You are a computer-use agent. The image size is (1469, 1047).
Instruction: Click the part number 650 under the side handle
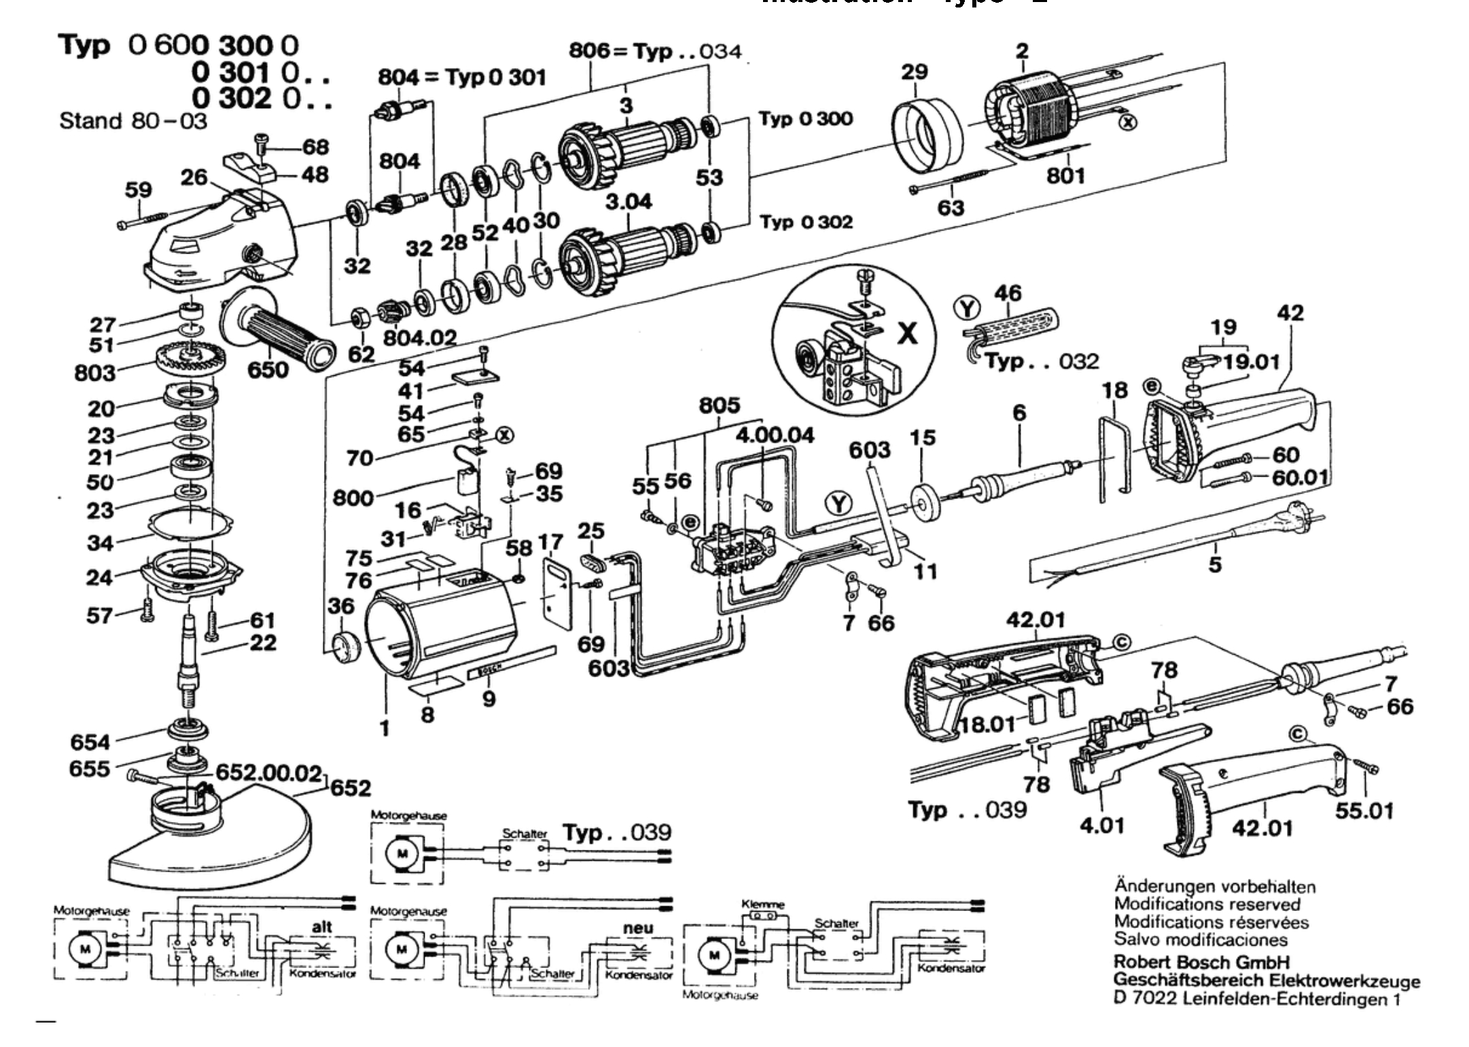(x=268, y=371)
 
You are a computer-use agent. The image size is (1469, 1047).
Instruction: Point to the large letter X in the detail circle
(x=908, y=333)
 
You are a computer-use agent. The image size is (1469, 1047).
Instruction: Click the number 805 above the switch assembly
(x=720, y=406)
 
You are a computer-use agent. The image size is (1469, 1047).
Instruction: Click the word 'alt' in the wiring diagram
(x=322, y=927)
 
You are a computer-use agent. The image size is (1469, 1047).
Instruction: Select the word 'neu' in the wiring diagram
(x=638, y=927)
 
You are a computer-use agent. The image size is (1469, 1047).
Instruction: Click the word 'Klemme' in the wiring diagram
(x=762, y=905)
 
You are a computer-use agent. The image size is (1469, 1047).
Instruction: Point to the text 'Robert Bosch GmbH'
(x=1201, y=963)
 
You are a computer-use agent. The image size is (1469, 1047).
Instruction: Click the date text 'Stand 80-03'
(x=133, y=121)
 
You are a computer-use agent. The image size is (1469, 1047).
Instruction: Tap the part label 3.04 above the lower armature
(x=629, y=201)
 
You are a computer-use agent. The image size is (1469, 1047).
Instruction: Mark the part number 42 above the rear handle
(x=1290, y=313)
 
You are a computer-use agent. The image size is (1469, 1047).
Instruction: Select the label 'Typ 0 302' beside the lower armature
(x=806, y=222)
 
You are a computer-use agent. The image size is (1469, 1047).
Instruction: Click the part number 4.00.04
(x=775, y=435)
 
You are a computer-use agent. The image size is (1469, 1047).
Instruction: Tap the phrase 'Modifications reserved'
(x=1207, y=904)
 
